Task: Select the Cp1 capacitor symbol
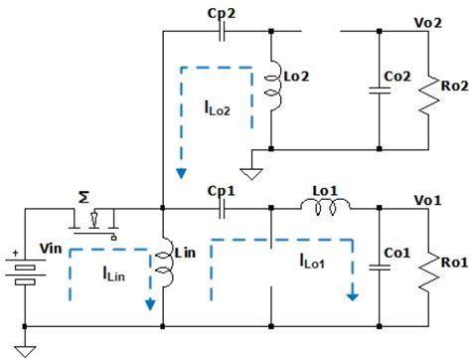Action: [224, 211]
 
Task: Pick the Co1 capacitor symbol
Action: [379, 267]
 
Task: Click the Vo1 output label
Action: [429, 198]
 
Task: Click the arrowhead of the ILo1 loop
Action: [352, 294]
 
